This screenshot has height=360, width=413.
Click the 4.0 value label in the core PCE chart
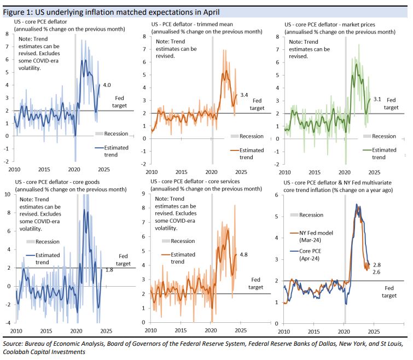click(x=108, y=85)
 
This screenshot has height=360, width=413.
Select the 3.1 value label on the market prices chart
click(x=377, y=100)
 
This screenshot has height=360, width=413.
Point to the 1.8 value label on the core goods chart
click(x=109, y=270)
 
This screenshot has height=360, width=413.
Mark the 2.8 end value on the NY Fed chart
click(x=377, y=264)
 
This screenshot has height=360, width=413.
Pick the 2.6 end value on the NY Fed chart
click(x=377, y=271)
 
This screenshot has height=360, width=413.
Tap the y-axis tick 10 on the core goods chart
click(x=8, y=194)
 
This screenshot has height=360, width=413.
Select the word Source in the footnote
click(x=15, y=344)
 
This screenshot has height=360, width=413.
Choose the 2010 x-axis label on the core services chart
click(x=150, y=332)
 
